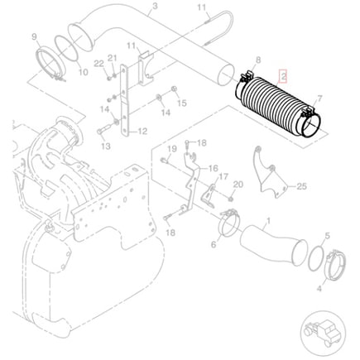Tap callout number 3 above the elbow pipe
pyautogui.click(x=155, y=6)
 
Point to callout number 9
pyautogui.click(x=34, y=36)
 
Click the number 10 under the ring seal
pyautogui.click(x=83, y=72)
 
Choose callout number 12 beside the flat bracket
pyautogui.click(x=142, y=132)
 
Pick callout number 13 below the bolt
pyautogui.click(x=106, y=146)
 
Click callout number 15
pyautogui.click(x=182, y=103)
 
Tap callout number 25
pyautogui.click(x=301, y=186)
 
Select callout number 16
pyautogui.click(x=214, y=168)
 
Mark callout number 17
pyautogui.click(x=223, y=176)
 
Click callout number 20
pyautogui.click(x=238, y=185)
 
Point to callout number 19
pyautogui.click(x=172, y=149)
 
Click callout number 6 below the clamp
pyautogui.click(x=214, y=245)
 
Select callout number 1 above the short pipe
pyautogui.click(x=268, y=221)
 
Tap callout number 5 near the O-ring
pyautogui.click(x=327, y=236)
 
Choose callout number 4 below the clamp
pyautogui.click(x=319, y=289)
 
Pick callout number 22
pyautogui.click(x=98, y=64)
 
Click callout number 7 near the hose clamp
pyautogui.click(x=319, y=98)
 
